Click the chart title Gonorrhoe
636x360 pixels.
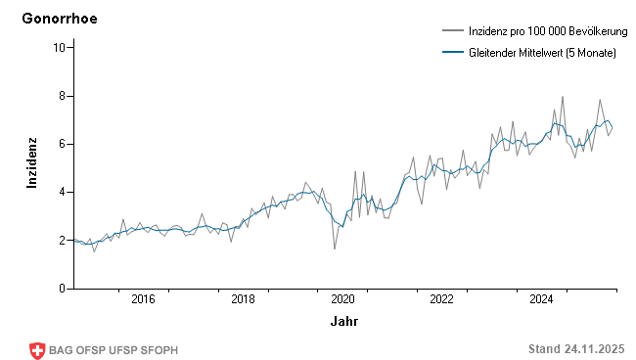click(60, 19)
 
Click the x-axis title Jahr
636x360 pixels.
click(343, 321)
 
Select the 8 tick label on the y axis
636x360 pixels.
click(62, 96)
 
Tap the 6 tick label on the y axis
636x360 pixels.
click(62, 144)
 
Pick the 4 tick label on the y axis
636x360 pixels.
click(62, 192)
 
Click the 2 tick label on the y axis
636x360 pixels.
click(62, 241)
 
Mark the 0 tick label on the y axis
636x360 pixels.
click(62, 289)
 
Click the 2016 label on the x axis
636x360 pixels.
click(143, 299)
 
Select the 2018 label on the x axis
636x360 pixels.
click(243, 299)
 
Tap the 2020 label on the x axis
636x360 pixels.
click(342, 299)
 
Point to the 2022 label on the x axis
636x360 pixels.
click(441, 299)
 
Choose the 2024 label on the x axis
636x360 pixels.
click(541, 299)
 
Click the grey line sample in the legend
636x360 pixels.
click(451, 32)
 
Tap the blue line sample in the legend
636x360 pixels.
click(451, 53)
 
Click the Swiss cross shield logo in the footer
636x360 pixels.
click(37, 350)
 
